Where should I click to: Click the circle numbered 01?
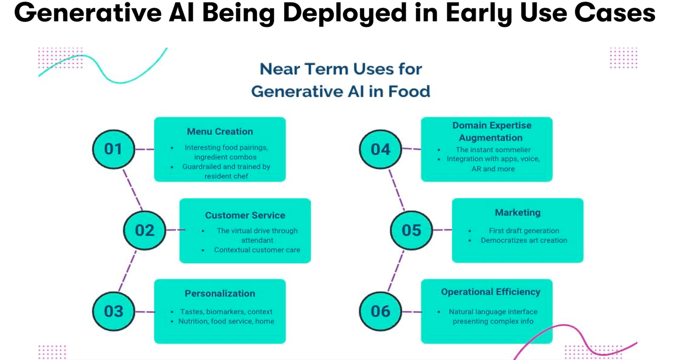point(113,149)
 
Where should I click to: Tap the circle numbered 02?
point(144,230)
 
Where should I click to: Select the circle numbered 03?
point(113,311)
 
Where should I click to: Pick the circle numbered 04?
point(380,149)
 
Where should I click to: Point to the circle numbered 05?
point(411,230)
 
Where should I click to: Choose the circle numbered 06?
point(380,311)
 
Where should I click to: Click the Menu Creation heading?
point(220,132)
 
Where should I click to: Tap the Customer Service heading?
point(245,215)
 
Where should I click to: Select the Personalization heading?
point(220,293)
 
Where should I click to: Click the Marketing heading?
point(518,213)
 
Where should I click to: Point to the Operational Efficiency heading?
point(490,292)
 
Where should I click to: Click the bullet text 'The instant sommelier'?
point(493,150)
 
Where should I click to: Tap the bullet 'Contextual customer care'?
point(257,250)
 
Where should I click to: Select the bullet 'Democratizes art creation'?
point(524,240)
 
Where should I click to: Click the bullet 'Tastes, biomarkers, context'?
point(226,312)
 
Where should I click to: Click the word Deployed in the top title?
point(344,13)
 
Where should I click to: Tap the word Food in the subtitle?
point(409,91)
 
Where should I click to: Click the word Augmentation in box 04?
point(490,138)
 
